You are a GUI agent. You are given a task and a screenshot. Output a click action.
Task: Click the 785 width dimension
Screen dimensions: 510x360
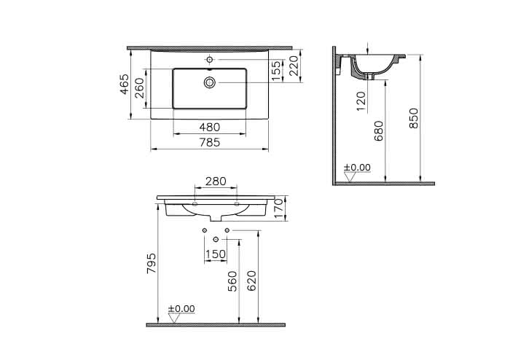(210, 142)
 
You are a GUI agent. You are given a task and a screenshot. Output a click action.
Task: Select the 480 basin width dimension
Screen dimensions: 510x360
(210, 127)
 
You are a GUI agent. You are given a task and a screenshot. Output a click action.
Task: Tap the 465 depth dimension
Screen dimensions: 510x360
(125, 85)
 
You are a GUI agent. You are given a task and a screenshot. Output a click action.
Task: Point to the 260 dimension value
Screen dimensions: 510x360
(140, 88)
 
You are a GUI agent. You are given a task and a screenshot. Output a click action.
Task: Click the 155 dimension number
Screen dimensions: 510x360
(276, 71)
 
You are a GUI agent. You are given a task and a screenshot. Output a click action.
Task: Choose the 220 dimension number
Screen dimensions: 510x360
(294, 66)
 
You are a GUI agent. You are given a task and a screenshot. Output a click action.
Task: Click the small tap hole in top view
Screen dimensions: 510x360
(210, 60)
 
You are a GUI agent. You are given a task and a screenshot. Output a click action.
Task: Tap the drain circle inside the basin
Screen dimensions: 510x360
(210, 82)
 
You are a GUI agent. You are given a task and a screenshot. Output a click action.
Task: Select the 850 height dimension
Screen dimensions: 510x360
(414, 118)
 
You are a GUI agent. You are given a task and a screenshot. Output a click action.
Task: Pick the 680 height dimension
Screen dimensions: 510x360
(379, 130)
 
